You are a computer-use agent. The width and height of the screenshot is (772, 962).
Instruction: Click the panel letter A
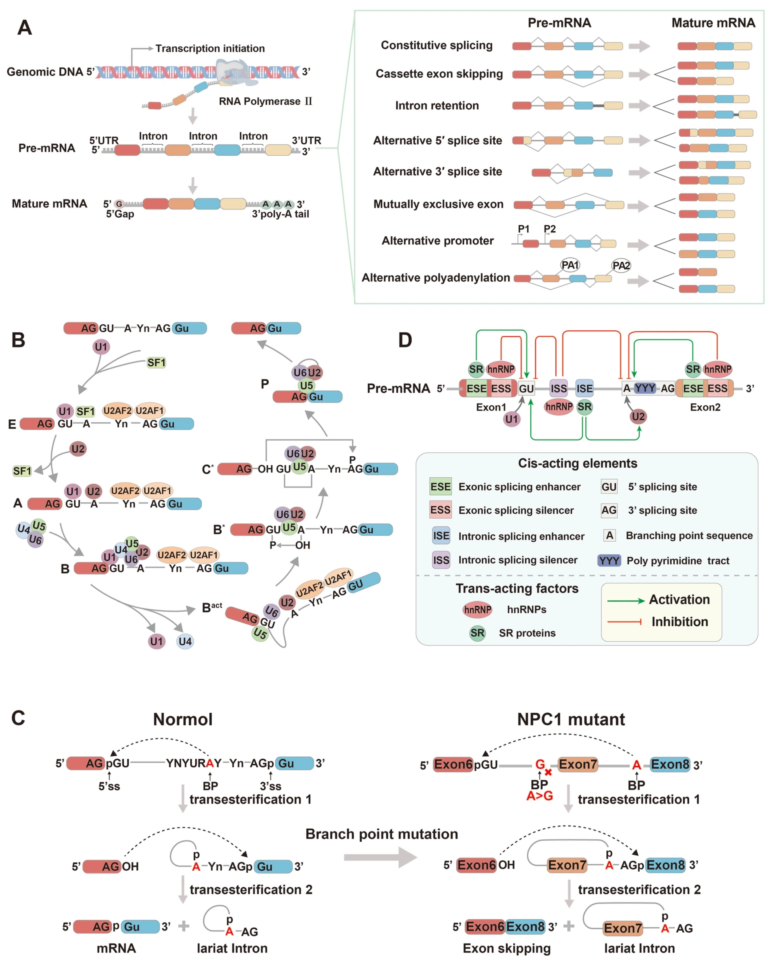click(24, 28)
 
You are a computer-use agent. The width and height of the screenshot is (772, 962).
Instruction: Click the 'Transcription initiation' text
click(210, 48)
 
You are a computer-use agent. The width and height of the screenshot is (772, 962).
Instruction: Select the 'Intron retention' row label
click(437, 105)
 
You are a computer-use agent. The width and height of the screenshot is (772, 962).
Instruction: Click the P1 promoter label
click(523, 229)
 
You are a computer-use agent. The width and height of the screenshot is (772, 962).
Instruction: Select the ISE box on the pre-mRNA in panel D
click(584, 388)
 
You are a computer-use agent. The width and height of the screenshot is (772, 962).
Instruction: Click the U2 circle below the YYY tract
click(638, 416)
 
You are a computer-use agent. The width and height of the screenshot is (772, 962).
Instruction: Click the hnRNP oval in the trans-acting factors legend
click(477, 610)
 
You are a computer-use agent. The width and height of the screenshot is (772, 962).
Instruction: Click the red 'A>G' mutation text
click(540, 796)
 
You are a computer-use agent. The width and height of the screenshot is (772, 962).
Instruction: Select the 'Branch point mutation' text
click(382, 834)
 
